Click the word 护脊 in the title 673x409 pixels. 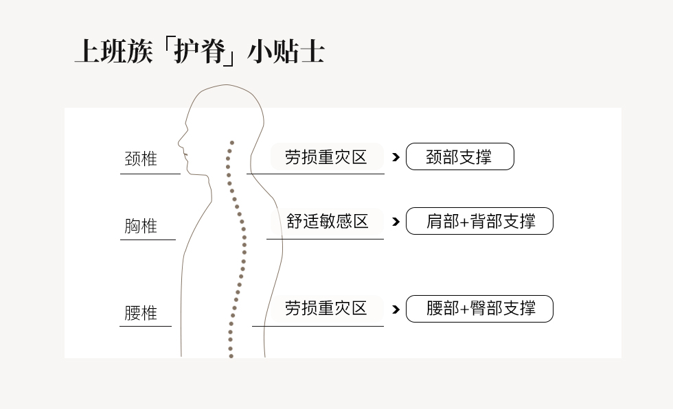pos(199,51)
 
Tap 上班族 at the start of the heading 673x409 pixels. pos(114,51)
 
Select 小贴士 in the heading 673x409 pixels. pos(286,51)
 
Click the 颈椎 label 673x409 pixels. pos(141,159)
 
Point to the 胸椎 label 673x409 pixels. pos(141,226)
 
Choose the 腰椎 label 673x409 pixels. pos(141,313)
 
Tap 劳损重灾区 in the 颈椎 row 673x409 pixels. pos(326,157)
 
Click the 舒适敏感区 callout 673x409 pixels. pos(327,221)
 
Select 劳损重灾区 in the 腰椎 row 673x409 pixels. pos(326,308)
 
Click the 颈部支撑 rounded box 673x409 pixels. pos(459,156)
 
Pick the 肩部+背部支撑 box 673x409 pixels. pos(479,221)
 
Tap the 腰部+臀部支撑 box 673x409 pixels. pos(479,309)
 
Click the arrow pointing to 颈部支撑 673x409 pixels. pos(396,157)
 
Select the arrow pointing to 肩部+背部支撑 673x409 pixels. pos(396,222)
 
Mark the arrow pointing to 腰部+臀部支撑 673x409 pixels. pos(396,309)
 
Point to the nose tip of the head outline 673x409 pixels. pos(179,141)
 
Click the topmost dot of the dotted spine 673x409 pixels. pos(232,143)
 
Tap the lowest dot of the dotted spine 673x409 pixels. pos(231,356)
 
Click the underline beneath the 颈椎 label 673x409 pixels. pos(150,174)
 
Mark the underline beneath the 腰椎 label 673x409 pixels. pos(146,326)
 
